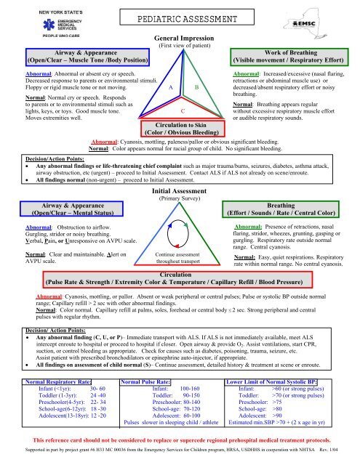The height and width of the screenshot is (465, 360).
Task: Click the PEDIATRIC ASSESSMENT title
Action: coord(179,20)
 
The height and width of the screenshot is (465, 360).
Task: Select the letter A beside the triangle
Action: coord(169,86)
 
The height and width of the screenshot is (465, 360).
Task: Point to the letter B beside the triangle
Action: coord(197,86)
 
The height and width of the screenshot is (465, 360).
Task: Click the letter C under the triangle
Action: coord(182,110)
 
